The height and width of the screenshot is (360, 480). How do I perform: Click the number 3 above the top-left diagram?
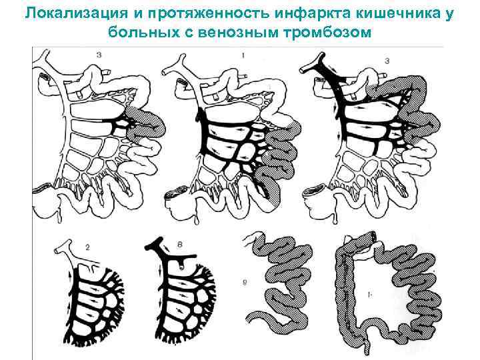click(x=99, y=55)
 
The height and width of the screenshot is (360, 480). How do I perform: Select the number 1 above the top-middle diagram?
click(x=243, y=55)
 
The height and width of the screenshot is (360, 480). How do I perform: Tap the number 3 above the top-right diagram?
click(x=388, y=61)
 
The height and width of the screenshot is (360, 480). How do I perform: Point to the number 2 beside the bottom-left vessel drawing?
click(x=87, y=247)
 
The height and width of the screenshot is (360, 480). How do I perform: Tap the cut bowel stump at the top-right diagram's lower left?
click(x=311, y=193)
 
